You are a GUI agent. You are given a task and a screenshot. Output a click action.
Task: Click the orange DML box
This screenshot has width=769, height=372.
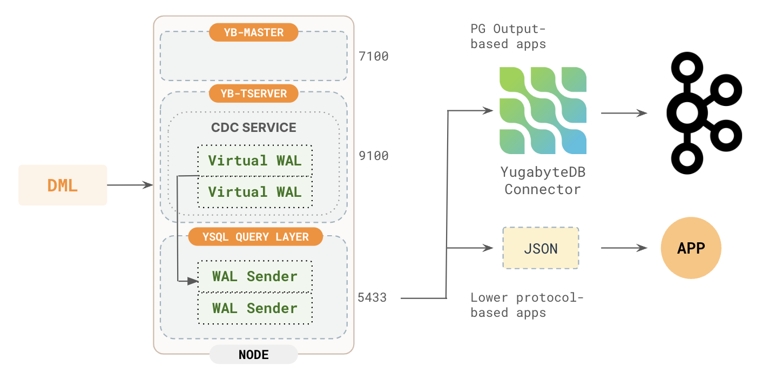pos(63,185)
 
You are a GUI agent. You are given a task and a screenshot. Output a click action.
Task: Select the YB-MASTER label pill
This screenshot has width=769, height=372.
pos(254,32)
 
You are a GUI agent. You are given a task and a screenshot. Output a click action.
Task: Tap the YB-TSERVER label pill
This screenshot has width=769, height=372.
pos(254,94)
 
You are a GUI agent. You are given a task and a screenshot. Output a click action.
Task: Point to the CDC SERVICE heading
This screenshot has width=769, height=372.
pos(254,128)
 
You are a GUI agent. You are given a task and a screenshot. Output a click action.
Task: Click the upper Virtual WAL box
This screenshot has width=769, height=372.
pos(255,161)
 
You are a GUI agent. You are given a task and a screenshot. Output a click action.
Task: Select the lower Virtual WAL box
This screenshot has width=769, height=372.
pos(255,192)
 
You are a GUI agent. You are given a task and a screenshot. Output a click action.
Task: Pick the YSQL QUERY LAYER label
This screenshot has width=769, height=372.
pos(255,237)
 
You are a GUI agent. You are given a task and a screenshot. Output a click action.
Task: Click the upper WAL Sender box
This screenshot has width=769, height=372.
pos(255,276)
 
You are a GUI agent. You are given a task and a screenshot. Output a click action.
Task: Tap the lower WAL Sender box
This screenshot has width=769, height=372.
pos(255,308)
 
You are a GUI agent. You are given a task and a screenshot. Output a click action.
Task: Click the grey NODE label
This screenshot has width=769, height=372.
pos(254,355)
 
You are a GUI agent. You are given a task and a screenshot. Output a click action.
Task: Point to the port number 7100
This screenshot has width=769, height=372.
pos(374,56)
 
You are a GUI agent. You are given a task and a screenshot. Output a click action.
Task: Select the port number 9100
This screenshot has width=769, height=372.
pos(374,156)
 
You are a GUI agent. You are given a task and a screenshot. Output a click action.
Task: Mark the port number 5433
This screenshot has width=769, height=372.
pos(372,297)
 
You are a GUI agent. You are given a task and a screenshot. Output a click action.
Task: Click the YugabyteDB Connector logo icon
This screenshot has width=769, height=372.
pos(543,111)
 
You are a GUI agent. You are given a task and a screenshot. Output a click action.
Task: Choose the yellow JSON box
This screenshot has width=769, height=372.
pos(541,248)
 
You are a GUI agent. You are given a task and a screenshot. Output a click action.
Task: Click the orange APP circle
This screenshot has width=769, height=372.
pos(691,248)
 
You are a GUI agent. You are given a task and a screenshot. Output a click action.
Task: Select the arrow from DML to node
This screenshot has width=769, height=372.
pos(130,185)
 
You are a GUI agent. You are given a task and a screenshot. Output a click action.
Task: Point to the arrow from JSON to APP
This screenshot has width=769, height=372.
pos(624,248)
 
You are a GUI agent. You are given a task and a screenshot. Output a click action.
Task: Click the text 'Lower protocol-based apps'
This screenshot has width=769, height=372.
pos(527,305)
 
